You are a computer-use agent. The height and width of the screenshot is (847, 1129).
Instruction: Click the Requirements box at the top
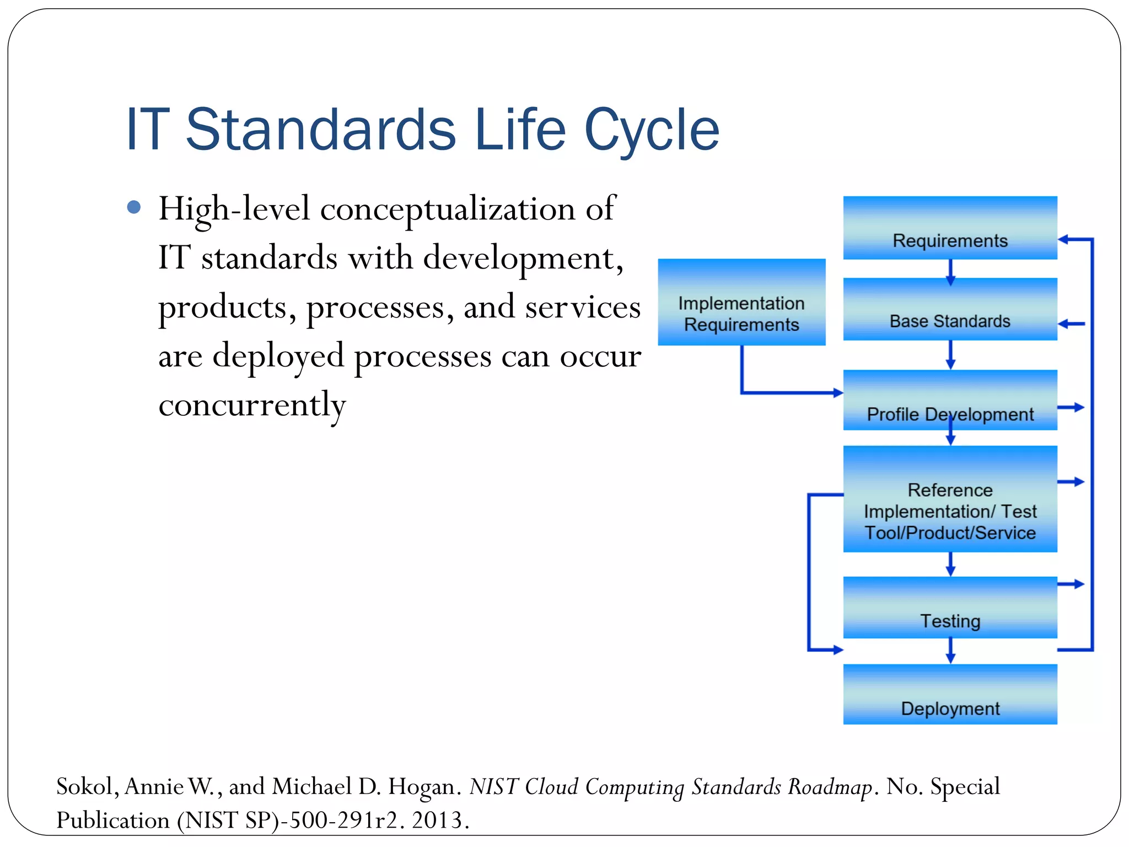[x=950, y=228]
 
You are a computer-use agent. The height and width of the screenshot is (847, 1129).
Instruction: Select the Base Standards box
[x=950, y=309]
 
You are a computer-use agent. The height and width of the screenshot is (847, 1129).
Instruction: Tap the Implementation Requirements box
[x=741, y=302]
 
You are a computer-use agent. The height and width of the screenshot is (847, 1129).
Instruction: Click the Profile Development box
[x=950, y=400]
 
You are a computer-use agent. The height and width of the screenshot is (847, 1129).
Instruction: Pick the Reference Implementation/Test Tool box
[x=950, y=499]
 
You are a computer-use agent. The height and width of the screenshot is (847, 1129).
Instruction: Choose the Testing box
[x=950, y=608]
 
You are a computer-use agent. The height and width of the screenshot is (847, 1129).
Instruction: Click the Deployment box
[x=950, y=694]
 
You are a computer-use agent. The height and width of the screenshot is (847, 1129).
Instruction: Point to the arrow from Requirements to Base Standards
[x=950, y=272]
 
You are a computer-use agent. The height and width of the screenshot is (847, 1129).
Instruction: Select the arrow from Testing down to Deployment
[x=950, y=651]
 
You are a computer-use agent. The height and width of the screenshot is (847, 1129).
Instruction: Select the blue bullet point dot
[x=134, y=207]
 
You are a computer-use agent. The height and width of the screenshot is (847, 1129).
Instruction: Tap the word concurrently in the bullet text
[x=252, y=405]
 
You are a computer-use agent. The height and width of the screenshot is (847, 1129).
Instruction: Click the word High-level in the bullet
[x=234, y=210]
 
